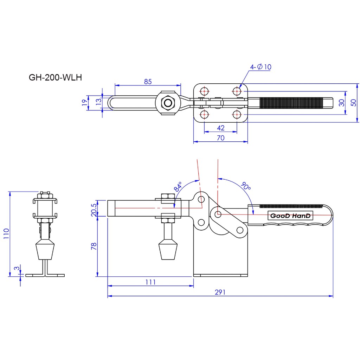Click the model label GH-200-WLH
(x=55, y=78)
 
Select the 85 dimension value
(x=148, y=82)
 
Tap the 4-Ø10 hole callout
(x=261, y=67)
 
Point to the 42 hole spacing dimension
(x=221, y=128)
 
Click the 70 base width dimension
(x=221, y=138)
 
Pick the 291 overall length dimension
(x=220, y=292)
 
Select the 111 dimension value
(x=150, y=282)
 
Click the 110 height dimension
(x=6, y=233)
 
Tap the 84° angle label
(x=178, y=187)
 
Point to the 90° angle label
(x=246, y=186)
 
